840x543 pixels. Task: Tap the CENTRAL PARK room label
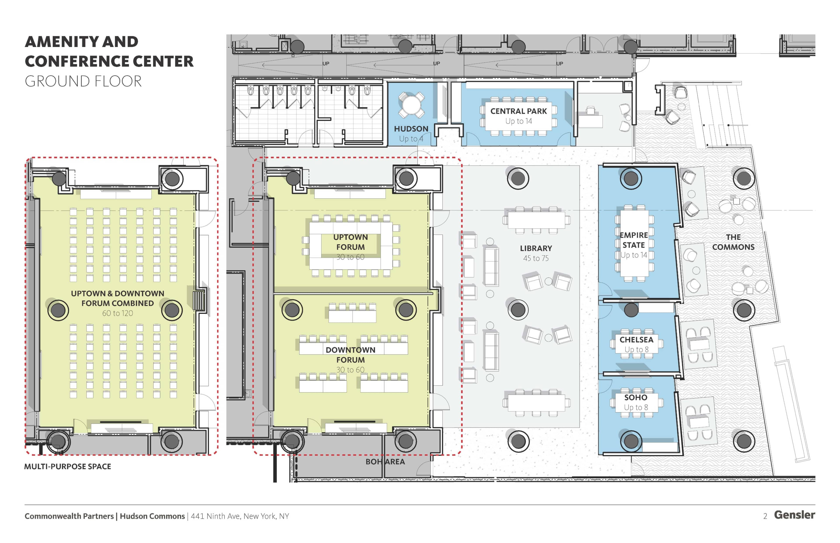[518, 111]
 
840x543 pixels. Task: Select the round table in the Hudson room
[411, 105]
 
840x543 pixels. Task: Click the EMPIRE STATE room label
[634, 240]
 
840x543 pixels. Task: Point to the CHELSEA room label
[636, 339]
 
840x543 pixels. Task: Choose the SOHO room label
[636, 397]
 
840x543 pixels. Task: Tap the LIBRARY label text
[535, 248]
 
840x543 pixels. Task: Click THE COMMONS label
[733, 242]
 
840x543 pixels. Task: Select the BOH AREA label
[385, 461]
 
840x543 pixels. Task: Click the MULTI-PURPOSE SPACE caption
[67, 466]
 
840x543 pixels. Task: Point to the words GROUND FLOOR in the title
[83, 82]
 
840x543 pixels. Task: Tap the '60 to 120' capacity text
[117, 313]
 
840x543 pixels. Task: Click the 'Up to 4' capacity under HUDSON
[411, 139]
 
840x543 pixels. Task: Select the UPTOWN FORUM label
[350, 242]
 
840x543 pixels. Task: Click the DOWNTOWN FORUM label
[350, 355]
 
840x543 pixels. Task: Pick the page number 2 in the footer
[765, 516]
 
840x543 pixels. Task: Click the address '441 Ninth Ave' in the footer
[216, 516]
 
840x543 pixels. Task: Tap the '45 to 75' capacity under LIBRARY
[535, 258]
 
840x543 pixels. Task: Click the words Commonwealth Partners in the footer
[69, 516]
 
